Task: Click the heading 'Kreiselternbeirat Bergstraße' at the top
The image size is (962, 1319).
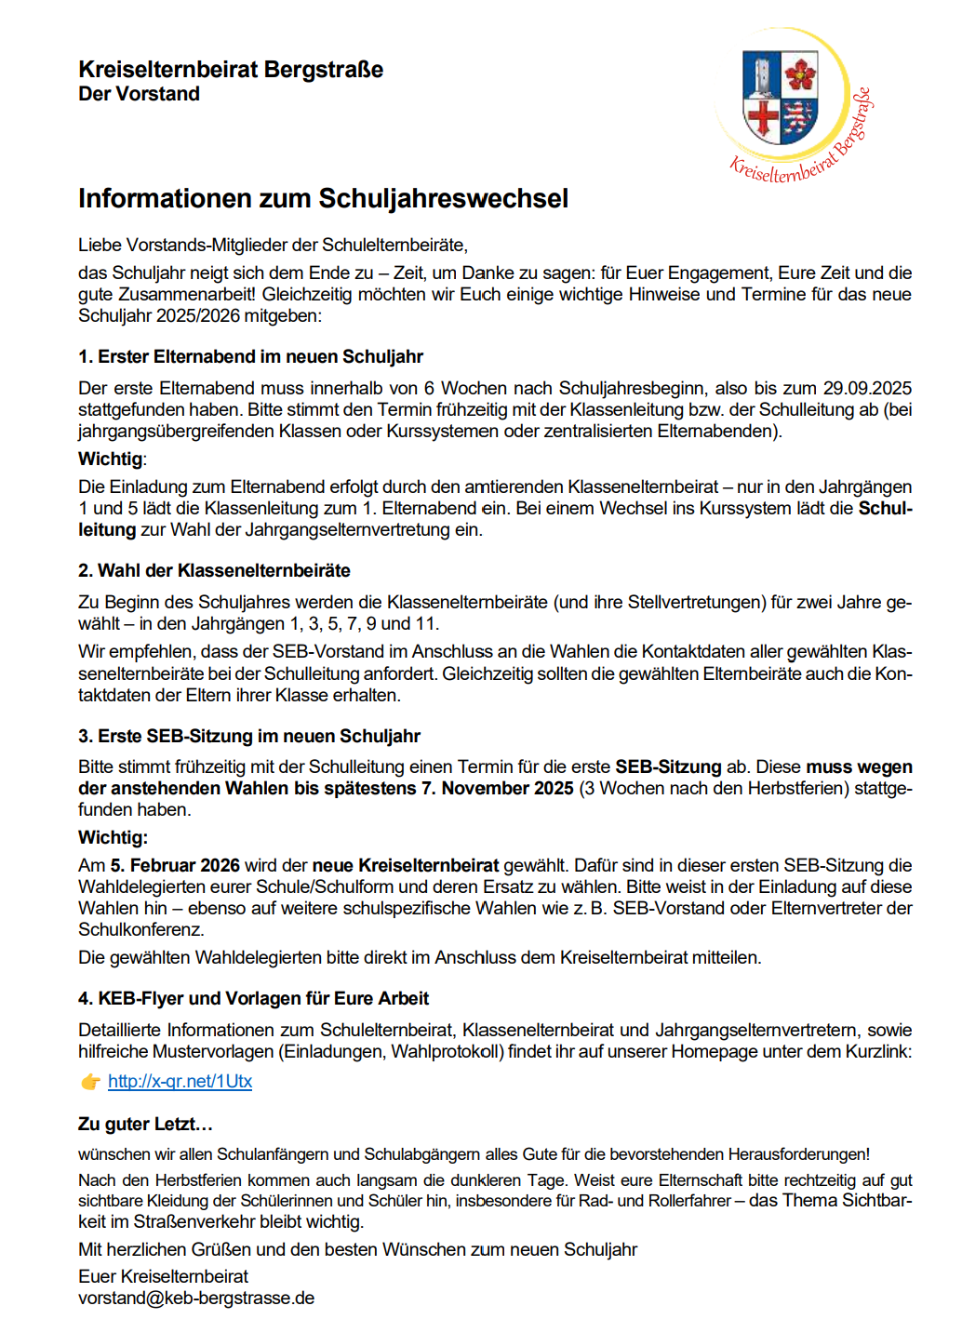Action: (x=231, y=70)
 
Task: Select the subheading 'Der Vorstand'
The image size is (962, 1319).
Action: (x=139, y=94)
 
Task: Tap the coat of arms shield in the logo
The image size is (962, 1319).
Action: (x=780, y=96)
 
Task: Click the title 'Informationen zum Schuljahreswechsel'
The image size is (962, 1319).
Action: (x=323, y=199)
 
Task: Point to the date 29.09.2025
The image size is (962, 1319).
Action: (x=867, y=388)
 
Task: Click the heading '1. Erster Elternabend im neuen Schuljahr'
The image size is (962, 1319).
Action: (x=250, y=357)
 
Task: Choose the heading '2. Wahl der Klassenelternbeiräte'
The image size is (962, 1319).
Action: (x=214, y=571)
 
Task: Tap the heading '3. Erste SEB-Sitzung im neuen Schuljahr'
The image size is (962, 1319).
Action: (x=249, y=737)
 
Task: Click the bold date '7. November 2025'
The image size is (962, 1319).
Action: (x=507, y=789)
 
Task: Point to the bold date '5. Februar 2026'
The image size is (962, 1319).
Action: (x=175, y=866)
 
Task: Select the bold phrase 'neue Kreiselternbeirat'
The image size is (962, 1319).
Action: (x=406, y=866)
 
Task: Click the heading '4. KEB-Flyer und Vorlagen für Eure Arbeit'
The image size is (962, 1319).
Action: (x=253, y=999)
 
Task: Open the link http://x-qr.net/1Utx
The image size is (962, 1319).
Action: (x=180, y=1082)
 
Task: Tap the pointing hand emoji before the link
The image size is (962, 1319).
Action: (x=90, y=1082)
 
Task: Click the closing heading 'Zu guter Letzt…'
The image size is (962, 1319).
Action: (x=145, y=1125)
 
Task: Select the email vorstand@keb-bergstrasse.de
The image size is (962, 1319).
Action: (x=196, y=1299)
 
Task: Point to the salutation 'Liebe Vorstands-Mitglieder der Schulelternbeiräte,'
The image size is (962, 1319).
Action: (x=273, y=246)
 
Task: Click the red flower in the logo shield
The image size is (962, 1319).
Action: (x=799, y=74)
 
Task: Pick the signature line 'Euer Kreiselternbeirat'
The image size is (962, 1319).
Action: (x=163, y=1277)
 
